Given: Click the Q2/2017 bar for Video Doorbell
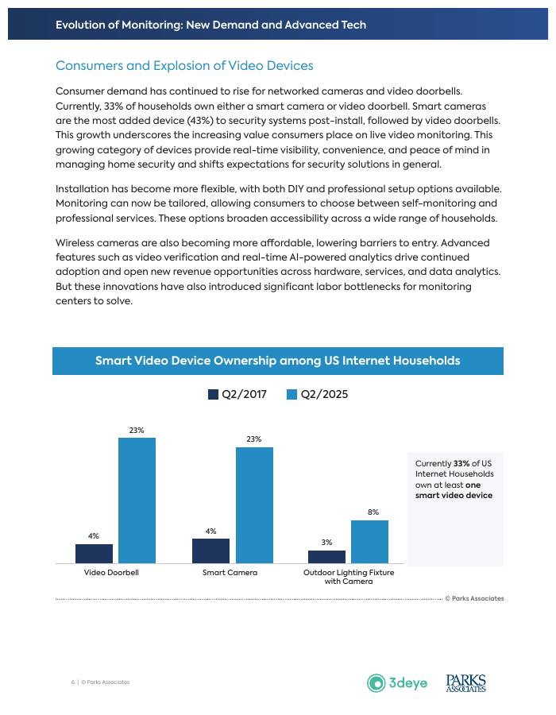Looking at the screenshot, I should pyautogui.click(x=94, y=554).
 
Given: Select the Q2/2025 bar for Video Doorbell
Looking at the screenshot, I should pyautogui.click(x=137, y=500).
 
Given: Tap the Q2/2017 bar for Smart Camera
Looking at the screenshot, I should pyautogui.click(x=210, y=551).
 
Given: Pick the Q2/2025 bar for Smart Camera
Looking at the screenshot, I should pyautogui.click(x=253, y=505).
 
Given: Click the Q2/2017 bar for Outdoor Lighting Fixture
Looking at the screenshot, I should pyautogui.click(x=326, y=556).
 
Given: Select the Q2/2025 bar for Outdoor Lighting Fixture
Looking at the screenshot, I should pyautogui.click(x=369, y=542).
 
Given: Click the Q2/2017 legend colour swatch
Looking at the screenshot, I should pyautogui.click(x=213, y=395).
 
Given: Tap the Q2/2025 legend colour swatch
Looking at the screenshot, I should pyautogui.click(x=292, y=395).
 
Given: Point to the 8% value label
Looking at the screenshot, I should pyautogui.click(x=373, y=512).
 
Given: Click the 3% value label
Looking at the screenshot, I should pyautogui.click(x=326, y=543).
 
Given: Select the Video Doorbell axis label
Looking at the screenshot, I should pyautogui.click(x=111, y=572).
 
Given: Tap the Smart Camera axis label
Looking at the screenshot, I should pyautogui.click(x=230, y=572).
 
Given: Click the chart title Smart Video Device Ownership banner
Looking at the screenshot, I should pyautogui.click(x=278, y=361).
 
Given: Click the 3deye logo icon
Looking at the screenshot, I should pyautogui.click(x=376, y=682).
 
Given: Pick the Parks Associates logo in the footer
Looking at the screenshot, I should pyautogui.click(x=465, y=682).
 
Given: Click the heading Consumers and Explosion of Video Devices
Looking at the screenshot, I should pyautogui.click(x=184, y=65).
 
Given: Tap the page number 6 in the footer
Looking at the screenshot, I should pyautogui.click(x=72, y=682).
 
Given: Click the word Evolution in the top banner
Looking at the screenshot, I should pyautogui.click(x=80, y=25).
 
